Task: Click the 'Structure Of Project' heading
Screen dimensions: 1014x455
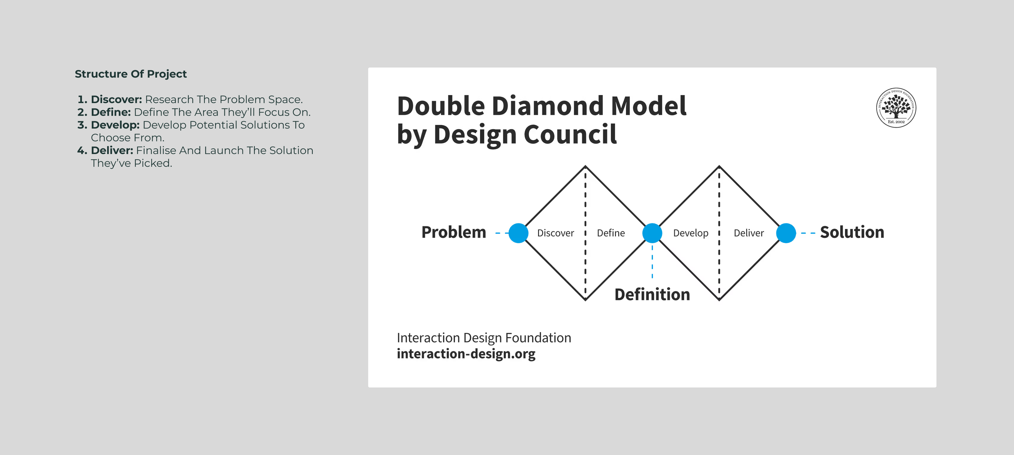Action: (131, 74)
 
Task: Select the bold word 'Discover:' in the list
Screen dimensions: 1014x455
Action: (116, 99)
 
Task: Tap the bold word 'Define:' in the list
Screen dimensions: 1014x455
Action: (111, 112)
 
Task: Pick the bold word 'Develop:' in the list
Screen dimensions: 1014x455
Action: (115, 125)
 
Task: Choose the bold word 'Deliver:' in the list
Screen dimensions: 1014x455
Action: (112, 150)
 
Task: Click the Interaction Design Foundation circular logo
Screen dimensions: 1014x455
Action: (896, 108)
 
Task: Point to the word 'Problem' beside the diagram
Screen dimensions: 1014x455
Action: (453, 233)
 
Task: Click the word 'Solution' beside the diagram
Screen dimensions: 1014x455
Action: (852, 233)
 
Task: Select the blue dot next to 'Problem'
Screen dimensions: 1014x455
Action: (519, 233)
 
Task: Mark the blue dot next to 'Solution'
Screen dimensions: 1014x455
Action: (786, 233)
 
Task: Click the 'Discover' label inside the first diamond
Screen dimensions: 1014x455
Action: (556, 233)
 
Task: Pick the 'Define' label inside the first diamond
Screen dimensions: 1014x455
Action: (611, 233)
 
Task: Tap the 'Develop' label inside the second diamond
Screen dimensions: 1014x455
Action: (691, 233)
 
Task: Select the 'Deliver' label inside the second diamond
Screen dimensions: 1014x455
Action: (748, 233)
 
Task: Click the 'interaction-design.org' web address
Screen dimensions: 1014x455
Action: (466, 354)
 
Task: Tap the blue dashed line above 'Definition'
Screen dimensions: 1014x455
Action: (652, 262)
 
